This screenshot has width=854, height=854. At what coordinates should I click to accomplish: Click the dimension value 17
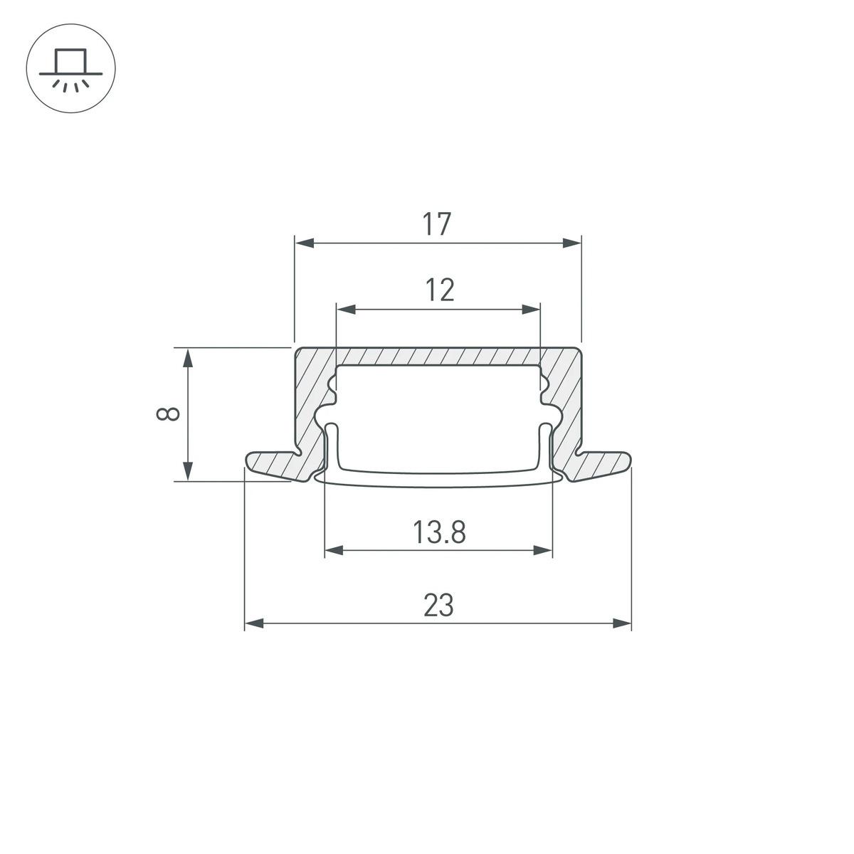click(438, 225)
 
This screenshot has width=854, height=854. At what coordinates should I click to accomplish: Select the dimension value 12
click(440, 290)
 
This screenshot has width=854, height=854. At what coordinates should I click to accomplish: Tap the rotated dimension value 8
click(168, 414)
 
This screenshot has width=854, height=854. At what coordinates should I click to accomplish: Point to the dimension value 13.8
click(438, 532)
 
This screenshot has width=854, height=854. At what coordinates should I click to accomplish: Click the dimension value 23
click(438, 606)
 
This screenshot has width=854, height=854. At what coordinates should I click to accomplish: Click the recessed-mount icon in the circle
click(70, 70)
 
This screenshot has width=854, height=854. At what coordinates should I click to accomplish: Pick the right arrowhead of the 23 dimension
click(622, 623)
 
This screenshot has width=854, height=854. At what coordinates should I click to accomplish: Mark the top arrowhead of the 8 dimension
click(188, 358)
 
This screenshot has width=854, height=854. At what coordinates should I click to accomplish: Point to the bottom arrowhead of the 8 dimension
click(188, 470)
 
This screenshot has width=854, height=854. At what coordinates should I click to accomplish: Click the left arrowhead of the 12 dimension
click(346, 310)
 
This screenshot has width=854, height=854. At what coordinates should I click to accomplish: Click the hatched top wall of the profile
click(438, 356)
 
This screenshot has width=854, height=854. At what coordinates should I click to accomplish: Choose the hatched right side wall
click(566, 399)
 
